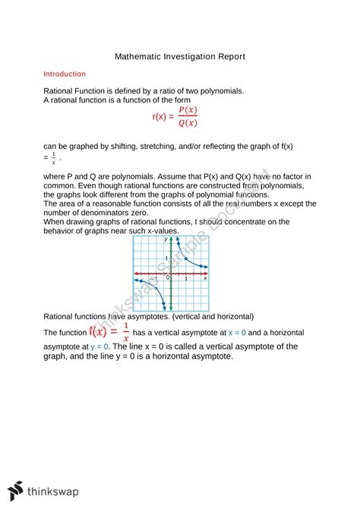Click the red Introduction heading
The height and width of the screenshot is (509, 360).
pyautogui.click(x=65, y=74)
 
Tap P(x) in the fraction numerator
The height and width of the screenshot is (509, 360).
pyautogui.click(x=187, y=110)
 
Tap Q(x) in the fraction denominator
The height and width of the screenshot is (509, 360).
pyautogui.click(x=187, y=123)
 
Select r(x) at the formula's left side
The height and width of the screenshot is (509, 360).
pyautogui.click(x=162, y=116)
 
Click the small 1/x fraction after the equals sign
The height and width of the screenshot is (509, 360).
pyautogui.click(x=53, y=159)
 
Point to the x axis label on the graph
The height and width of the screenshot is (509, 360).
pyautogui.click(x=206, y=279)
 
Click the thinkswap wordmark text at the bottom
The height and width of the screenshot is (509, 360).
pyautogui.click(x=60, y=492)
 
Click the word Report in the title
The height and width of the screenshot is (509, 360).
pyautogui.click(x=227, y=57)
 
